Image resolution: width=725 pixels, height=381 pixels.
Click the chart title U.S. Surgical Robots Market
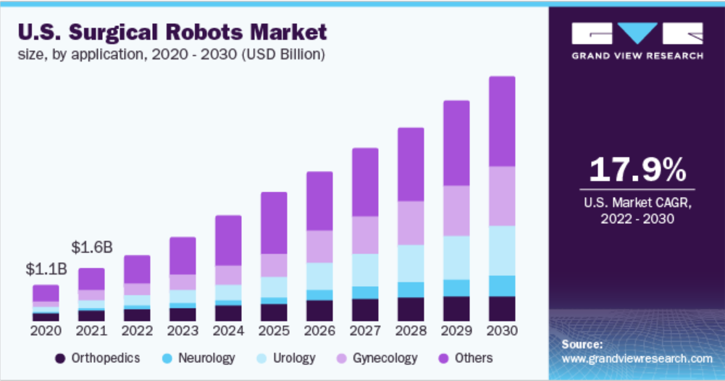point(172,33)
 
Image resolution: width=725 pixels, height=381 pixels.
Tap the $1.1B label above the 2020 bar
point(46,269)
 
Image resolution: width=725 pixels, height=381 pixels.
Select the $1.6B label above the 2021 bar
point(92,247)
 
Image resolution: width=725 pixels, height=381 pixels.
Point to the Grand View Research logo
point(636,41)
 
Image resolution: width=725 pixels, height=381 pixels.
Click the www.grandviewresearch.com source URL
point(637,359)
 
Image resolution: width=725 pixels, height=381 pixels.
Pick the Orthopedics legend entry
point(98,358)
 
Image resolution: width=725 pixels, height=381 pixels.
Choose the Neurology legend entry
point(198,358)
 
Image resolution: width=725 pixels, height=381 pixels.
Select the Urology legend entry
point(287,358)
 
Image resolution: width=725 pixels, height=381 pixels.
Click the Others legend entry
point(465,358)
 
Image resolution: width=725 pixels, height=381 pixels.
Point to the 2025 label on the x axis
point(274,331)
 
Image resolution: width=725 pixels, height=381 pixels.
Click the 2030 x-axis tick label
point(502,331)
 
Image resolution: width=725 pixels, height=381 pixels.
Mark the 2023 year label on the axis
point(183,331)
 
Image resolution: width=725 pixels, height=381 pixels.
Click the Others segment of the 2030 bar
point(502,121)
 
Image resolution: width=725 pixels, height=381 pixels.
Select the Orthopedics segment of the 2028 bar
point(411,309)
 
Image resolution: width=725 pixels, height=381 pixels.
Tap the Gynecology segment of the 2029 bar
point(456,211)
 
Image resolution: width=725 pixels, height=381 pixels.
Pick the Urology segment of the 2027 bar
point(365,269)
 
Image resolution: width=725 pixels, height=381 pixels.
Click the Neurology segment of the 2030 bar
point(502,285)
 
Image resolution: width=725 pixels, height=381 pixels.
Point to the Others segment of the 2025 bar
point(274,222)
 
